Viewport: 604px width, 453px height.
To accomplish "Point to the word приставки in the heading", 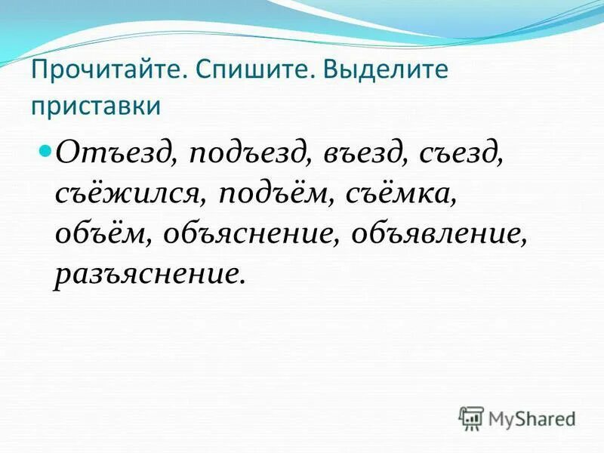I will (x=96, y=105).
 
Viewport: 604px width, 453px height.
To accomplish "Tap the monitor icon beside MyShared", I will (x=471, y=418).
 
